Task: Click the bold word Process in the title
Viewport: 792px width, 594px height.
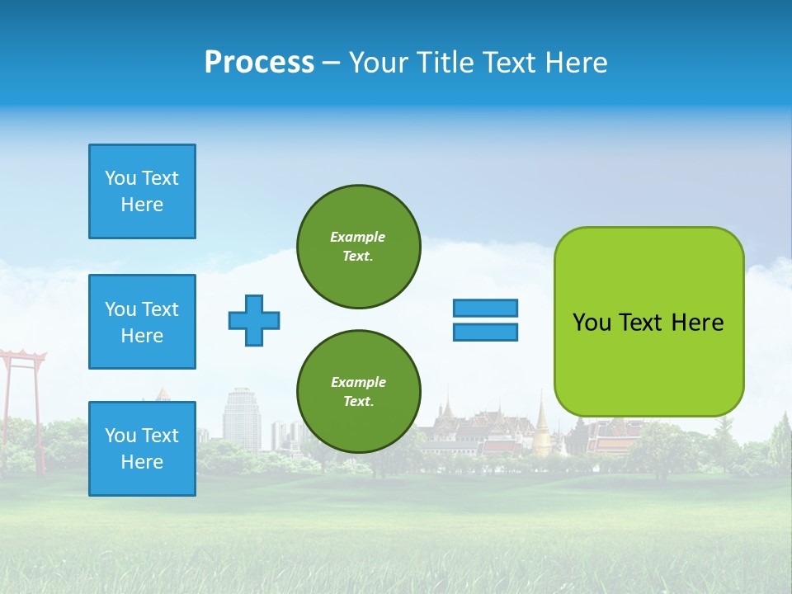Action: (259, 63)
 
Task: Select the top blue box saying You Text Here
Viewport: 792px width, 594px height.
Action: (142, 191)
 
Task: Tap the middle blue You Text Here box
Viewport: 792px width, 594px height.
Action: (142, 322)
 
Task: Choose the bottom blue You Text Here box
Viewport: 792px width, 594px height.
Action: (142, 449)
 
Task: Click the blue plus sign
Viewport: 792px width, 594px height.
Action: (254, 320)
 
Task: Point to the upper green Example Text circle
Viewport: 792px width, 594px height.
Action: (358, 247)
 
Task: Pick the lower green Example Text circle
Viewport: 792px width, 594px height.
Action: (358, 392)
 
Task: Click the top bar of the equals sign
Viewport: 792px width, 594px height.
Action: (485, 308)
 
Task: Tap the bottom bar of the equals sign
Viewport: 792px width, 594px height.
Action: (485, 332)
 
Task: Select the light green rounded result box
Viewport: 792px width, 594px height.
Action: (648, 322)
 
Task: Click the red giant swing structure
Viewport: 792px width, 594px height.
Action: (22, 388)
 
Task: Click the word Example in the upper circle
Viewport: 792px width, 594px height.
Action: (358, 237)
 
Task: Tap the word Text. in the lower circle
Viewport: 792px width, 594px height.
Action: (358, 402)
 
